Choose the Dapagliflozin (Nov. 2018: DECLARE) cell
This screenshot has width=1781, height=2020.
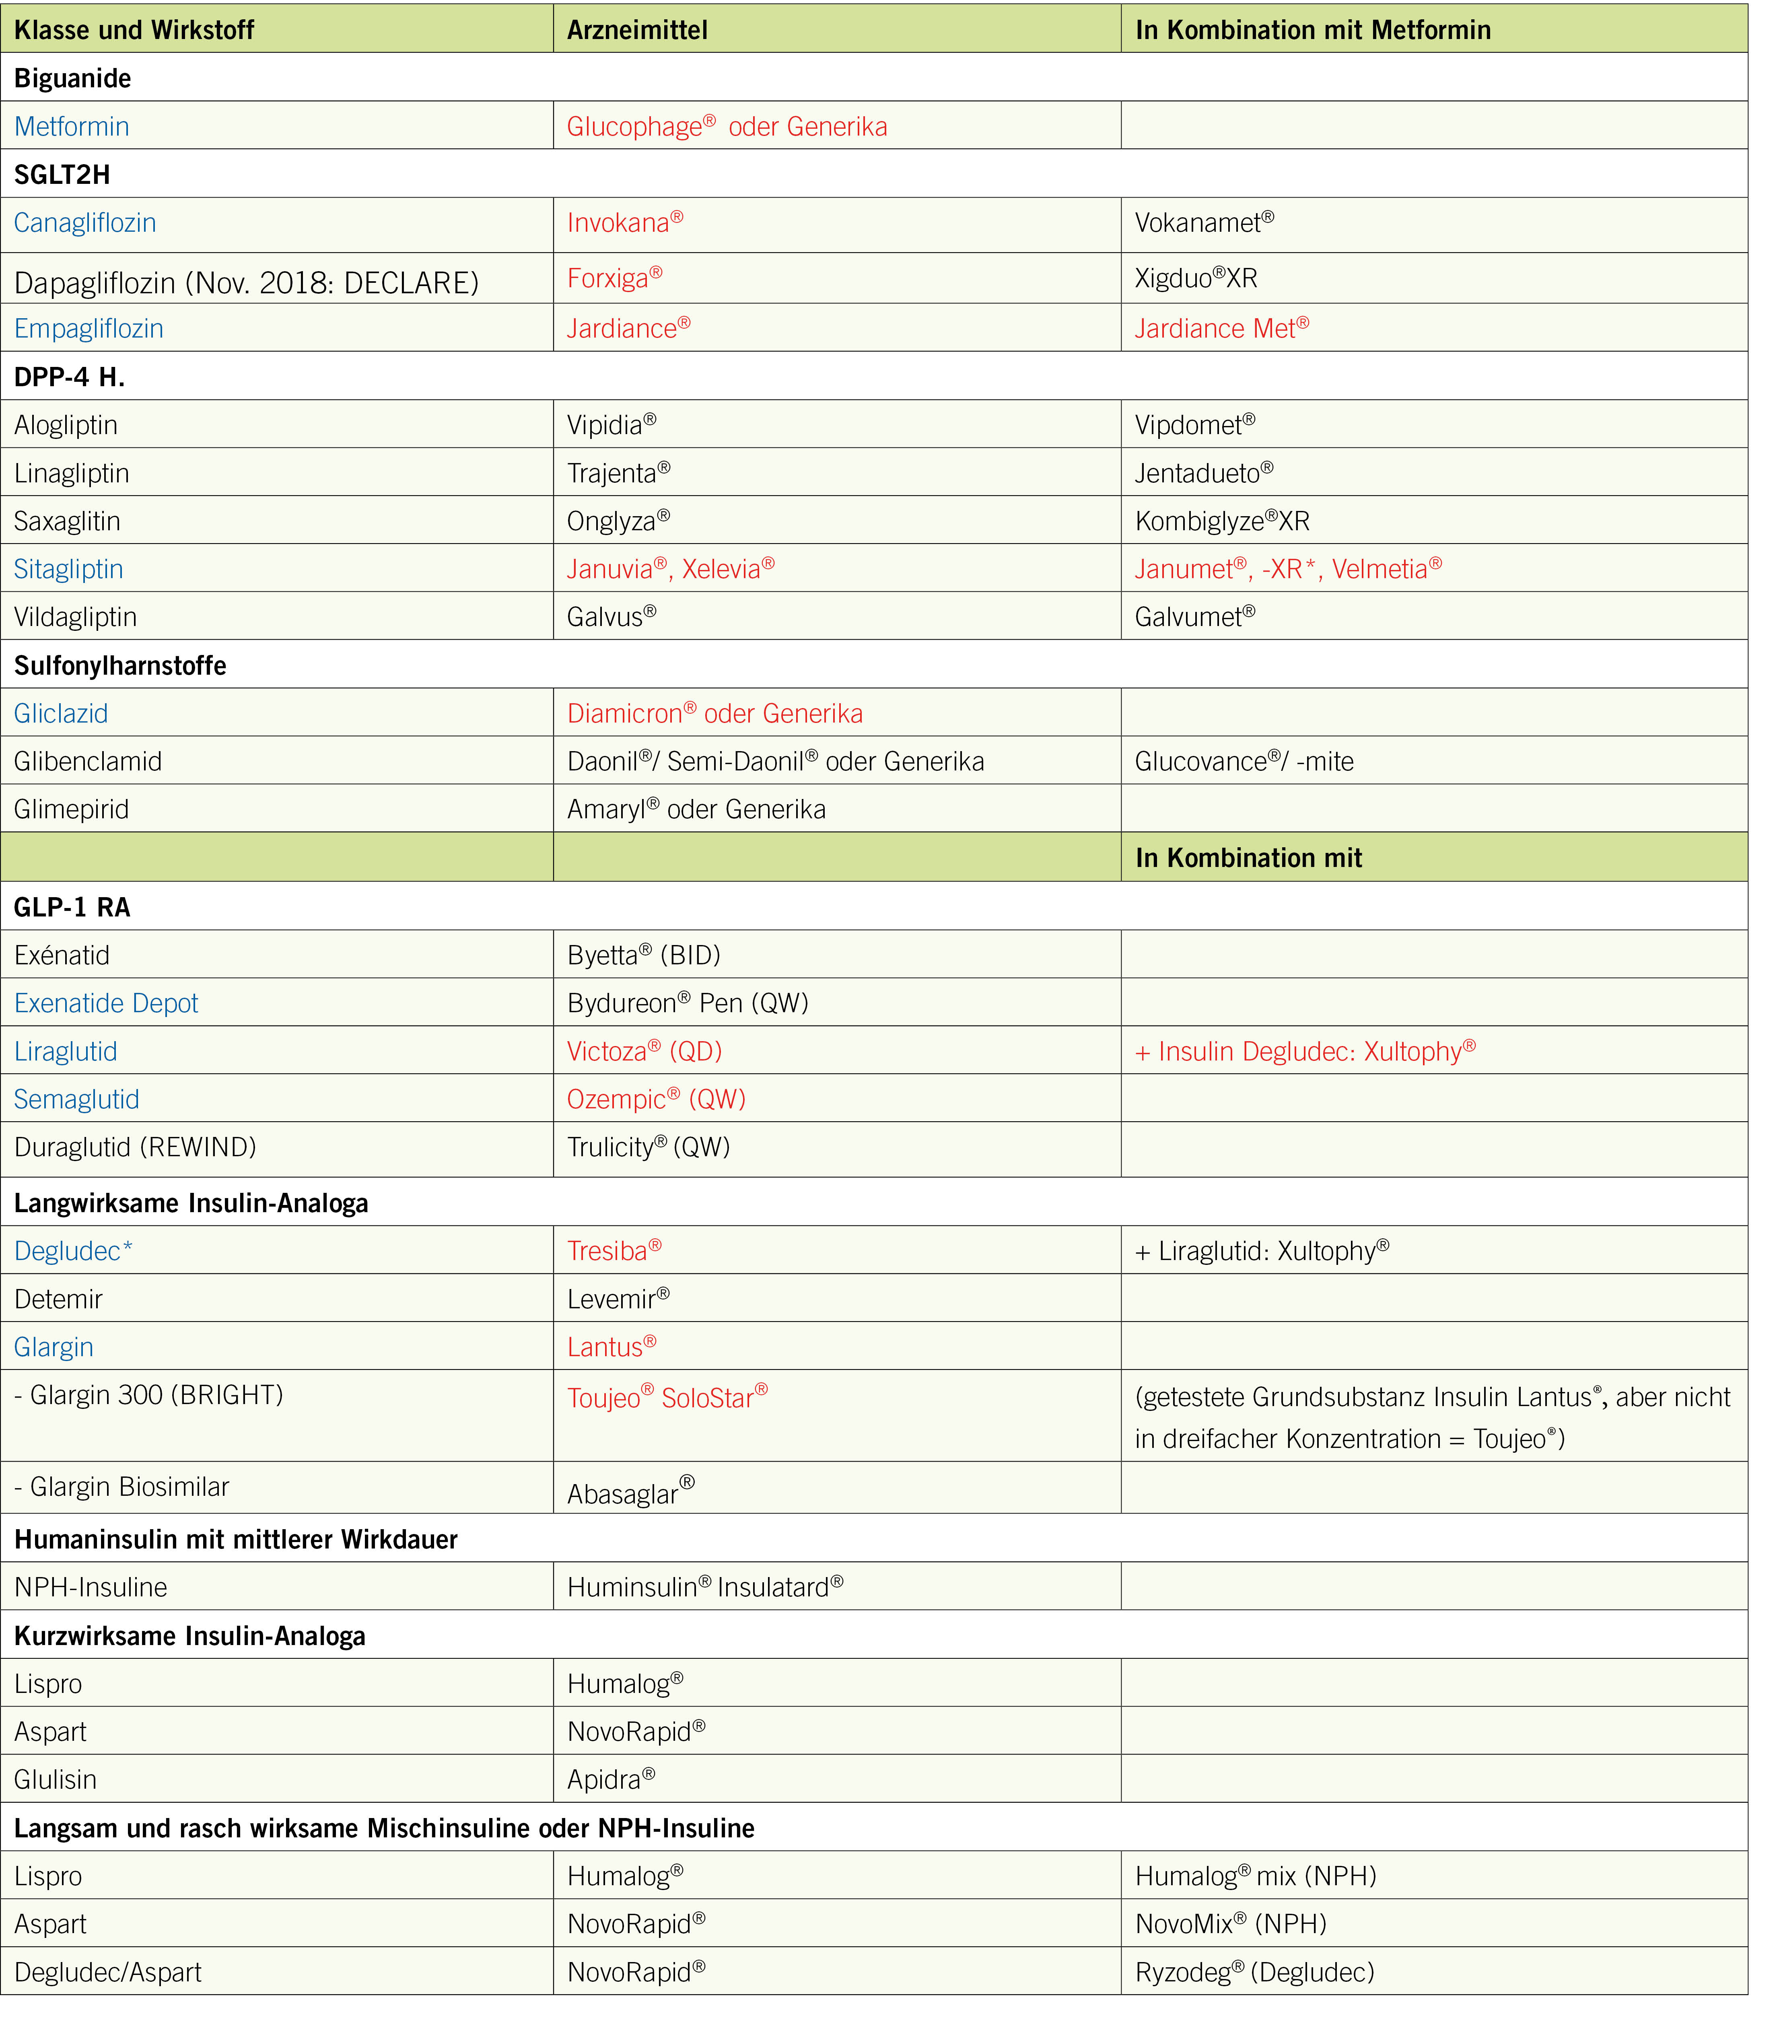coord(246,283)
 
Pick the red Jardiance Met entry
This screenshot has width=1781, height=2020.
coord(1221,328)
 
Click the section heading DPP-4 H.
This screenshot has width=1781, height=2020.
coord(69,377)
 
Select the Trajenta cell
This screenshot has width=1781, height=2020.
coord(618,474)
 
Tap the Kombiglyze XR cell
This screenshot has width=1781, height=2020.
coord(1221,521)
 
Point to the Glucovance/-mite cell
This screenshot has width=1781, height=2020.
coord(1244,761)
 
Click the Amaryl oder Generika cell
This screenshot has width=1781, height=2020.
coord(696,809)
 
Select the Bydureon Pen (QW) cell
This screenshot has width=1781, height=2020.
coord(687,1003)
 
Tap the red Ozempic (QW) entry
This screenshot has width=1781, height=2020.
coord(655,1099)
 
